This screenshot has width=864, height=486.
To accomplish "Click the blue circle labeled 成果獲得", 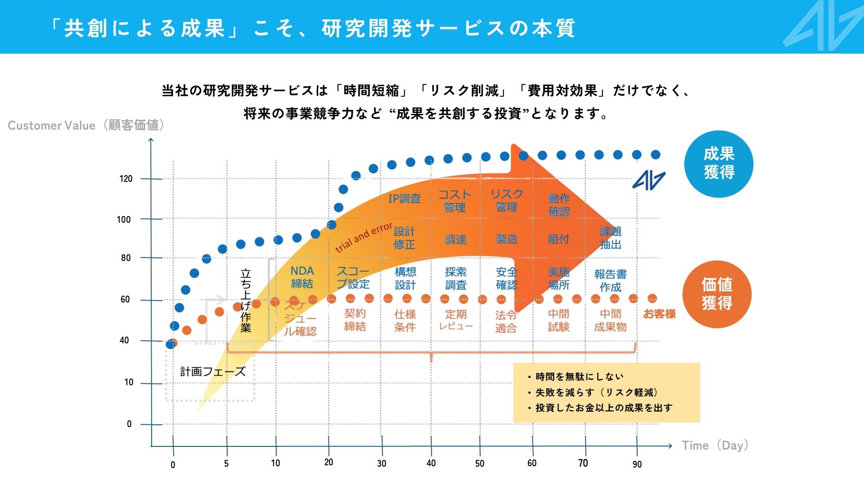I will (719, 164).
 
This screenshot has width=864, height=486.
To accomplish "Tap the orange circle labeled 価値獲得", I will (717, 294).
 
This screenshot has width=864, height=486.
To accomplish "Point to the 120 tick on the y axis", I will (126, 179).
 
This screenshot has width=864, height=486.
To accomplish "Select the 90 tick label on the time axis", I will (637, 464).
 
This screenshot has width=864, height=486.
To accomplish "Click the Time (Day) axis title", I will (715, 445).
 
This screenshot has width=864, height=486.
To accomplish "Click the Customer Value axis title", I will (85, 125).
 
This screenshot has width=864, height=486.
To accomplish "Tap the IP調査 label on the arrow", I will (404, 198).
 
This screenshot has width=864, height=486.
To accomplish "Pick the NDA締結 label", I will (302, 277).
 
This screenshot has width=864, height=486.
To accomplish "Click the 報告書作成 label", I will (610, 280).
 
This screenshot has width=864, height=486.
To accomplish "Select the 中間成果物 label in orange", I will (610, 320).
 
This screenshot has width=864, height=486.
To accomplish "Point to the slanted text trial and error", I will (364, 237).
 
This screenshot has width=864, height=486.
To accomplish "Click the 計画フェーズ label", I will (213, 371).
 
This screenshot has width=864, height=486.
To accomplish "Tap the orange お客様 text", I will (659, 314).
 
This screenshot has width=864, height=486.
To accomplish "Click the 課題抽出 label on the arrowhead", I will (610, 238).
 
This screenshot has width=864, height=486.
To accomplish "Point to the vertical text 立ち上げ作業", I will (246, 300).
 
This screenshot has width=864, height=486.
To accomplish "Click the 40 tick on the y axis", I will (124, 340).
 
